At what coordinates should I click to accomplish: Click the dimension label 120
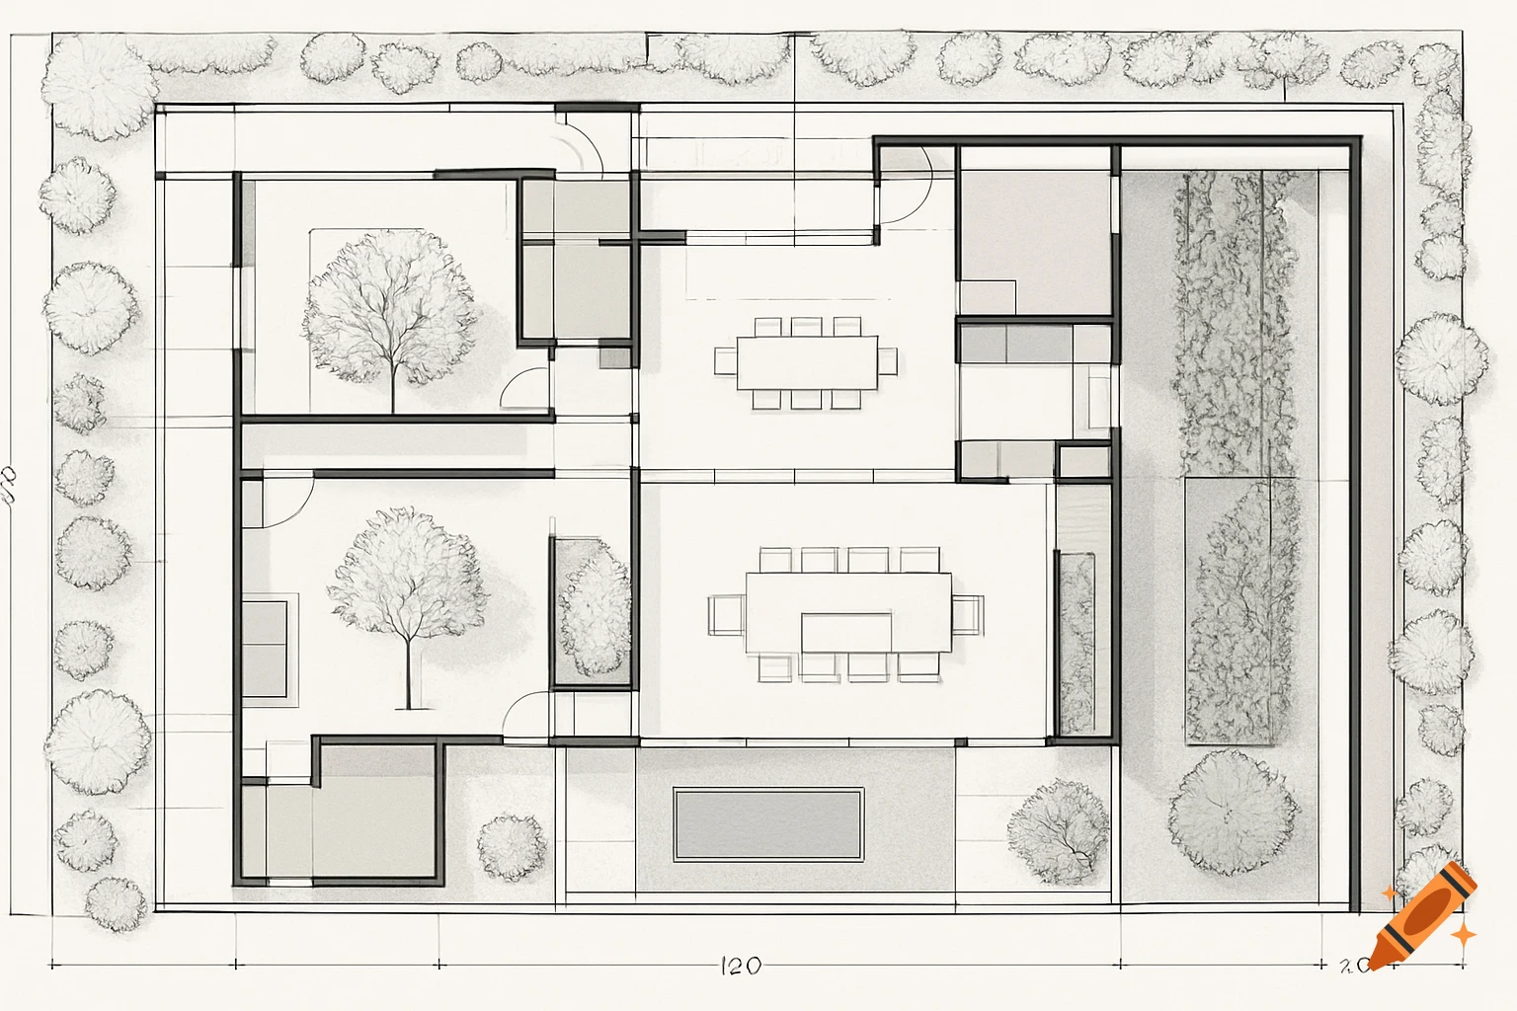741,965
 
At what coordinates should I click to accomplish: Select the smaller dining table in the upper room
806,362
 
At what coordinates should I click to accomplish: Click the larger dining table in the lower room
848,612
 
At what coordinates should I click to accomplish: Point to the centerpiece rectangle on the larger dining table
846,633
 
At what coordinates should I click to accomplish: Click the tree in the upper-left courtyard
391,308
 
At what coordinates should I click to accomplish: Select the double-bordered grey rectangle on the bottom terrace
768,823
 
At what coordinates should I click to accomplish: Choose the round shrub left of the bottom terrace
512,846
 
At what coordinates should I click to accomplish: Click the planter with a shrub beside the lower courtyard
593,612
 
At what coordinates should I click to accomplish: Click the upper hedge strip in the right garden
1235,321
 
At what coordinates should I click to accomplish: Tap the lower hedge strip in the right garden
1242,612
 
